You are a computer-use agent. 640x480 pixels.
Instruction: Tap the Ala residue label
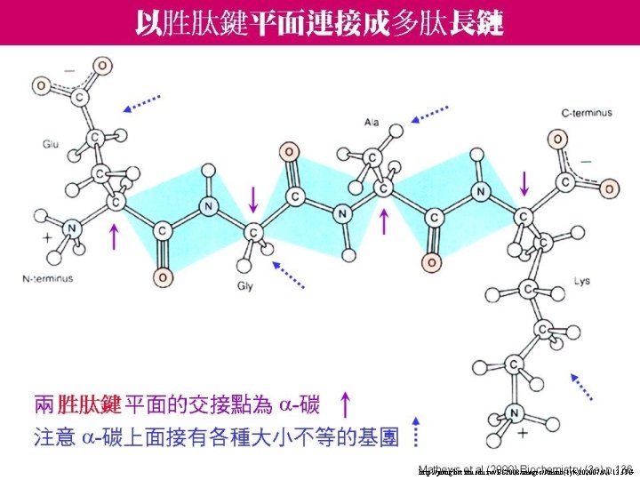click(372, 120)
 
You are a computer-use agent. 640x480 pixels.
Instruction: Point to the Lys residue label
click(582, 282)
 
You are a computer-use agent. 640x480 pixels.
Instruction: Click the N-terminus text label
click(48, 278)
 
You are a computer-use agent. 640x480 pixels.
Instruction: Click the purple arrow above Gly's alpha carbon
click(255, 196)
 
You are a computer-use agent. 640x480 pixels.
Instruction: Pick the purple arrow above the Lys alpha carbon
click(524, 184)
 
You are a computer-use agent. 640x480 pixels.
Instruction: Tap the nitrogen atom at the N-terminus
click(73, 229)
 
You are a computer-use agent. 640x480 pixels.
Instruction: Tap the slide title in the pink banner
click(319, 23)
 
